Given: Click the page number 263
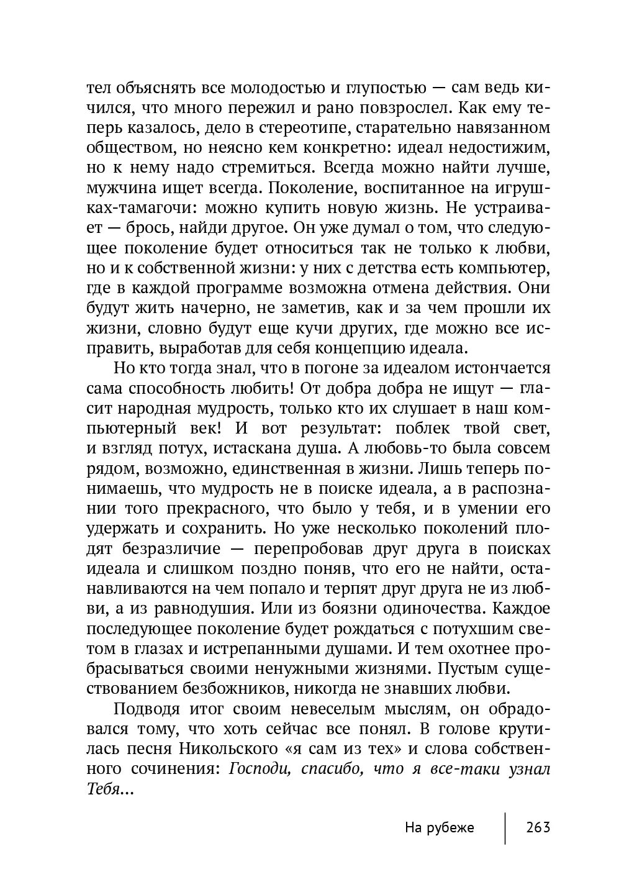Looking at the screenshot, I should tap(538, 827).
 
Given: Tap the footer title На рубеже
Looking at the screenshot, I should tap(439, 827).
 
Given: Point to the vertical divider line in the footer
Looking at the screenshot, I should tap(505, 827).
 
